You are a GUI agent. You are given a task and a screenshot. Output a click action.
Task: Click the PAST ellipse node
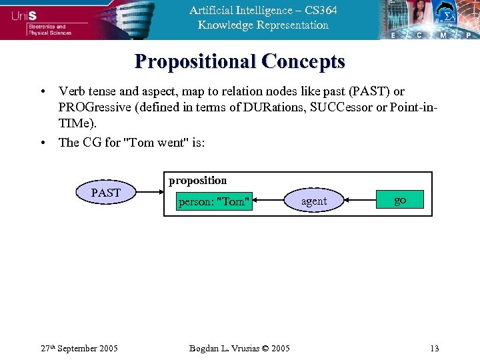[106, 193]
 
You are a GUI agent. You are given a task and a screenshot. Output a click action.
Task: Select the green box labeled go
[399, 200]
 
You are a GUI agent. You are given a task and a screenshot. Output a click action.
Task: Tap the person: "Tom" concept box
[214, 201]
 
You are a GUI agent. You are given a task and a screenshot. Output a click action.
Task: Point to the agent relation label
[314, 201]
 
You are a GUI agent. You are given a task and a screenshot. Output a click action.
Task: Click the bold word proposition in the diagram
[198, 181]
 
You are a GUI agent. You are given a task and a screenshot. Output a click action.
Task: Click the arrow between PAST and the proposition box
[151, 194]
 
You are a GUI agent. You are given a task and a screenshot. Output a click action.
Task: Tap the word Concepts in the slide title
[303, 62]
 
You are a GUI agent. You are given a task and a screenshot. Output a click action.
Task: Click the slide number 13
[435, 348]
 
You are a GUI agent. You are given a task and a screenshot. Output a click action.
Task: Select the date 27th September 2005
[79, 348]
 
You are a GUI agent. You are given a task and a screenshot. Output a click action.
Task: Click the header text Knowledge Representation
[263, 25]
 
